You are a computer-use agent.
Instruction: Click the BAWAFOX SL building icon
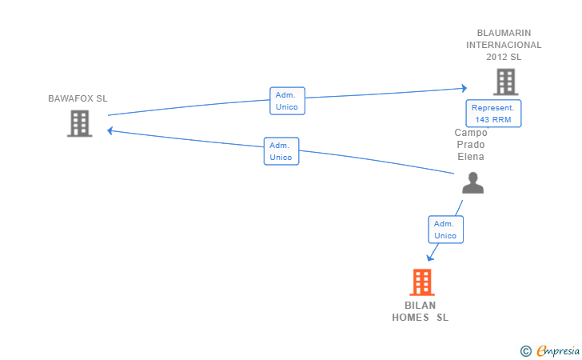(x=79, y=123)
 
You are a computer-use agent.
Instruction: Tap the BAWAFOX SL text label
(x=78, y=98)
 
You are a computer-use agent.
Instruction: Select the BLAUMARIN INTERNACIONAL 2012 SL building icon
(x=504, y=82)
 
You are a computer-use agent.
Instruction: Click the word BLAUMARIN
(x=504, y=33)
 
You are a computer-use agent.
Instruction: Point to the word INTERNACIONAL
(x=504, y=45)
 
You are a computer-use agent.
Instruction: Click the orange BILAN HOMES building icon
(x=421, y=282)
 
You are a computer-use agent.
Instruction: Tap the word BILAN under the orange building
(x=421, y=306)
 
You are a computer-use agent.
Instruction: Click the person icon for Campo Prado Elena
(x=472, y=183)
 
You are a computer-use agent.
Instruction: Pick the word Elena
(x=471, y=157)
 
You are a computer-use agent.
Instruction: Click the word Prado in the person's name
(x=471, y=145)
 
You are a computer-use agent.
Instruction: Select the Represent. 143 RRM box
(x=494, y=113)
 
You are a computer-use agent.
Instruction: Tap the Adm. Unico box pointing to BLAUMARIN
(x=286, y=101)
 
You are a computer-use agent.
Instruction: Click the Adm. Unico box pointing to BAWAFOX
(x=281, y=151)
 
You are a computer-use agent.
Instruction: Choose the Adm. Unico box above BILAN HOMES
(x=445, y=230)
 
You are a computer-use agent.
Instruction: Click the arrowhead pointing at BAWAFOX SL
(x=110, y=130)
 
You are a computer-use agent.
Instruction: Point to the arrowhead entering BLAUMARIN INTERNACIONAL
(x=464, y=88)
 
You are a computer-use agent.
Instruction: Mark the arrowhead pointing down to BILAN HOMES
(x=431, y=257)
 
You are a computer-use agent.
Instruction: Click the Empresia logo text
(x=556, y=350)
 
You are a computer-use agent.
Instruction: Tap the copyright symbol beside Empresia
(x=525, y=350)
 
